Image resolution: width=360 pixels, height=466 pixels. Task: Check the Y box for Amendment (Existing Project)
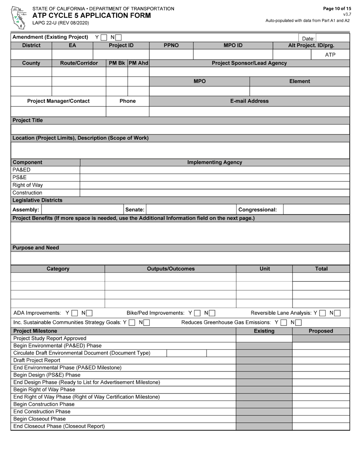(104, 38)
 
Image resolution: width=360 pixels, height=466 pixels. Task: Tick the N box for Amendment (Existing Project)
(119, 38)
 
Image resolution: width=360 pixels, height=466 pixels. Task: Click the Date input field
(332, 38)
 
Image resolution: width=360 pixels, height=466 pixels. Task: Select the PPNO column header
(171, 45)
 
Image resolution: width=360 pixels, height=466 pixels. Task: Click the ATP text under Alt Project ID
(330, 55)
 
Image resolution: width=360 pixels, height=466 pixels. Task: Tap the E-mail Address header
(249, 101)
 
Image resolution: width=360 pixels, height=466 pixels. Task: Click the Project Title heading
(28, 120)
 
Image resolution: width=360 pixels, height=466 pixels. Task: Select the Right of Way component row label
(28, 185)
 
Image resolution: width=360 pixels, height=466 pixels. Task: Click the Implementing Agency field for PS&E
(214, 178)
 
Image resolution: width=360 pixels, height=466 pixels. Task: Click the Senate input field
(191, 210)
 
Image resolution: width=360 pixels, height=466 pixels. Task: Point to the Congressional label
(257, 210)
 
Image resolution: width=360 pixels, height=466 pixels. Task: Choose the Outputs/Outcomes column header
(171, 269)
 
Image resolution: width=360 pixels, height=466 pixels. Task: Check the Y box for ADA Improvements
(75, 313)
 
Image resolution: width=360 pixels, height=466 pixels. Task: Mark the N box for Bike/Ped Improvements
(212, 313)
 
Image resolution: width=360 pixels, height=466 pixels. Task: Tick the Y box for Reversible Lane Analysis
(322, 313)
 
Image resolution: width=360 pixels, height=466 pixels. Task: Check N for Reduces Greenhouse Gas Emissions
(298, 323)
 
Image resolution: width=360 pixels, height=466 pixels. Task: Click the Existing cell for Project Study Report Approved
(264, 338)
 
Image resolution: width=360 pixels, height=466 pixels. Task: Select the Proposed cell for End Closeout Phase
(321, 426)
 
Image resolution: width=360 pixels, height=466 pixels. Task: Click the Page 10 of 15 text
(337, 9)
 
